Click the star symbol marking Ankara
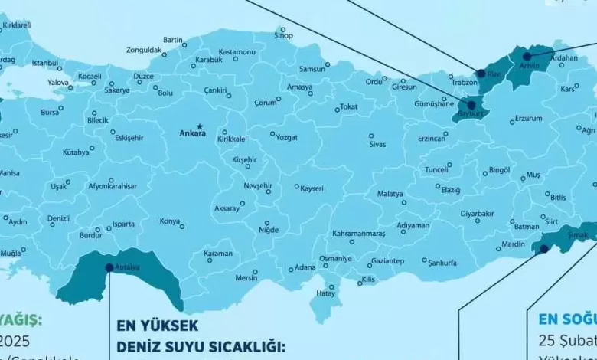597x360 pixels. point(200,126)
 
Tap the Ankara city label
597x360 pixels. point(192,133)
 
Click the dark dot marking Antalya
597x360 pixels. point(109,267)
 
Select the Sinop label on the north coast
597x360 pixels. point(283,35)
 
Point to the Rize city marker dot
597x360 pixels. point(481,74)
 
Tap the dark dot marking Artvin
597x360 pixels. point(527,55)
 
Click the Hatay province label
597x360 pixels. point(326,293)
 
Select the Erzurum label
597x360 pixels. point(528,119)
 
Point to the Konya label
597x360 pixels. point(169,221)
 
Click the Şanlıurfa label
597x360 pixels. point(442,263)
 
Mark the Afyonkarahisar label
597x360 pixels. point(112,186)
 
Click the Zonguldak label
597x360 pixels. point(145,50)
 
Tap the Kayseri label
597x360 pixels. point(312,188)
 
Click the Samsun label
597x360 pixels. point(312,69)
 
